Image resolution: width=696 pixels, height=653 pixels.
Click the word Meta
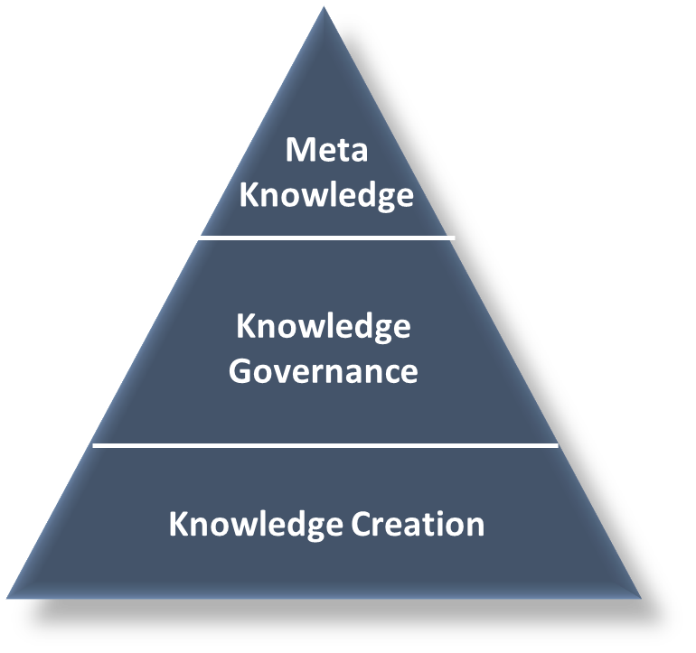(x=326, y=150)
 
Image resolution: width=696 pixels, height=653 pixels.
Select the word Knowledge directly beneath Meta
(x=326, y=195)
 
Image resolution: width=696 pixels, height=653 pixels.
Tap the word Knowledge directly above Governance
(x=324, y=326)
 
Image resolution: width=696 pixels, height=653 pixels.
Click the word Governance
(x=324, y=370)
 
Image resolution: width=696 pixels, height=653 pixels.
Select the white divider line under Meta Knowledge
(x=326, y=238)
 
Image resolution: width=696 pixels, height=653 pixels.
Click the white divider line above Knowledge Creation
(x=325, y=445)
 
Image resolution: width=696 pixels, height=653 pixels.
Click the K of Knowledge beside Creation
(x=178, y=525)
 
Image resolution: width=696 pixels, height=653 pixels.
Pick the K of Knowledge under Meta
(x=249, y=195)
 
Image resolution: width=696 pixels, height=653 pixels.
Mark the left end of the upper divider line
(x=199, y=238)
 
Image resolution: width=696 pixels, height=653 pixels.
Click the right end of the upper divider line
(x=454, y=238)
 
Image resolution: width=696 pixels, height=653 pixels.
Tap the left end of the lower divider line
(x=94, y=445)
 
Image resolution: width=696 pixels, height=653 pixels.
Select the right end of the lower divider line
(x=558, y=445)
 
